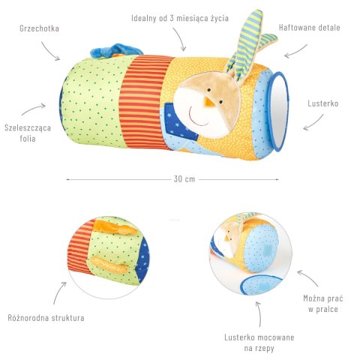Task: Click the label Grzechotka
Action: tap(39, 28)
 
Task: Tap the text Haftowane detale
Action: tap(310, 28)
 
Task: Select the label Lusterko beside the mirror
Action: tap(323, 103)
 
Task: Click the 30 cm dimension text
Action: tap(184, 179)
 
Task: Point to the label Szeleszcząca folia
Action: tap(28, 133)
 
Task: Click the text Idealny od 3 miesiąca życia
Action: tap(180, 18)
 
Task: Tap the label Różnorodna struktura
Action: tap(46, 318)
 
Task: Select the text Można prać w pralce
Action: tap(323, 304)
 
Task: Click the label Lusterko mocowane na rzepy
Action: tap(259, 343)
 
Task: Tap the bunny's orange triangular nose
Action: tap(208, 101)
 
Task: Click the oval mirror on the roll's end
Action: tap(279, 112)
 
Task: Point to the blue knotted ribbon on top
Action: tap(118, 51)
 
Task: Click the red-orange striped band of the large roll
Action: tap(145, 103)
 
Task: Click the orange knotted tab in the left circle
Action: tap(115, 227)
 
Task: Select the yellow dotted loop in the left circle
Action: tap(109, 265)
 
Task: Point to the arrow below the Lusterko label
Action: tap(313, 123)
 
